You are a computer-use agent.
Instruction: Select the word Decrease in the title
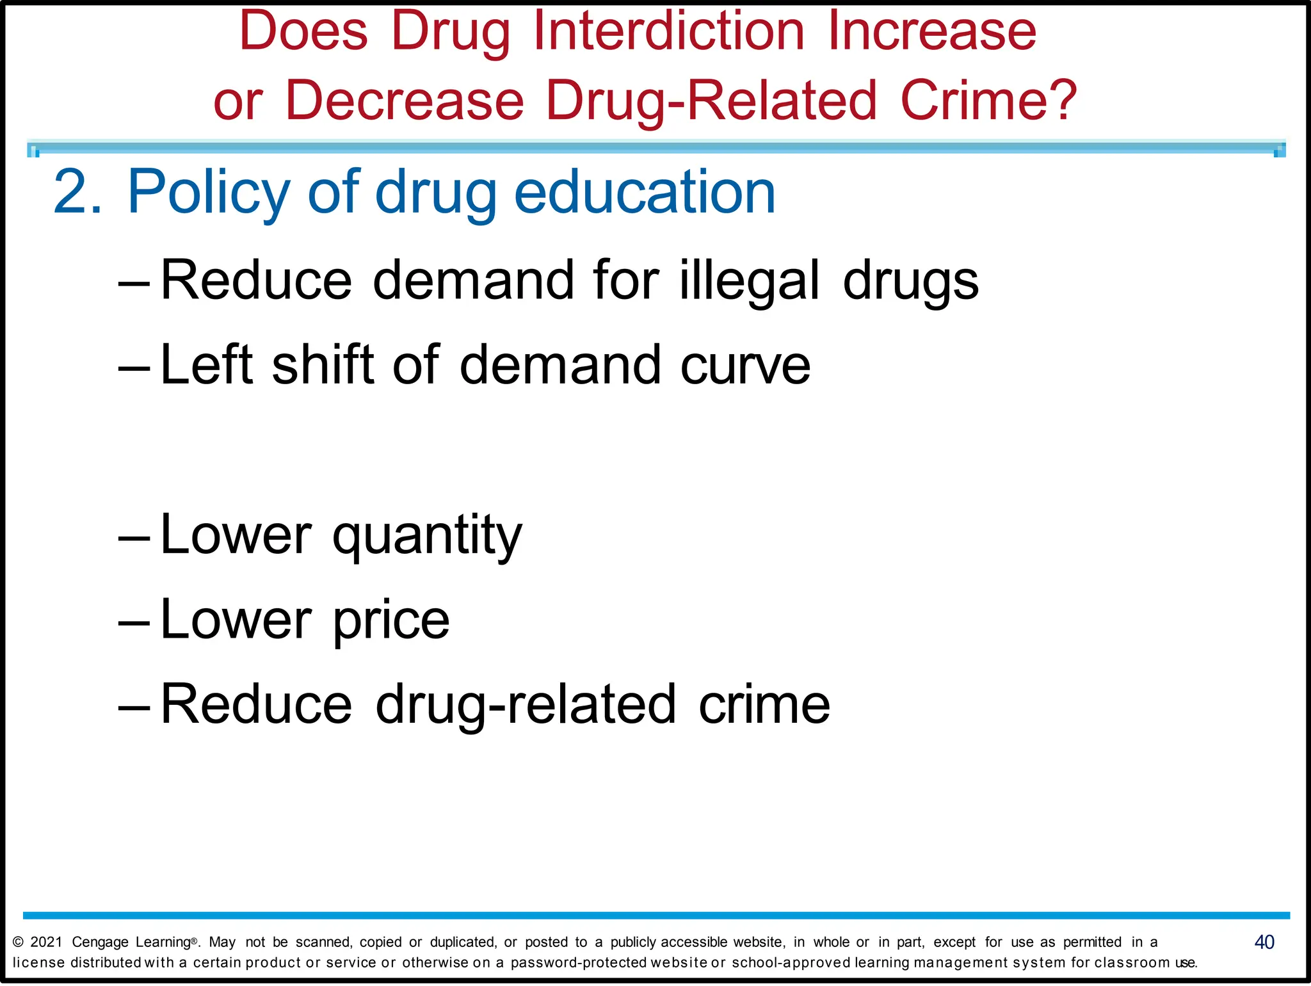point(405,101)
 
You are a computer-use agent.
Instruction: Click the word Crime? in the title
point(989,101)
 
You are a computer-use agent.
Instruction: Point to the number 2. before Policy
point(77,191)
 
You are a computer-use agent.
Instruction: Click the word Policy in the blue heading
point(209,193)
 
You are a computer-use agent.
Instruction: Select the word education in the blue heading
point(645,191)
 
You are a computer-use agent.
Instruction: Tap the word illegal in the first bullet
point(749,280)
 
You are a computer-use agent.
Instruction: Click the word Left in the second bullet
point(207,364)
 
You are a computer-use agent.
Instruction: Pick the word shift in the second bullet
point(323,364)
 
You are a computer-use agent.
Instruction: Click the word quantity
point(428,536)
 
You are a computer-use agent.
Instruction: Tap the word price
point(391,620)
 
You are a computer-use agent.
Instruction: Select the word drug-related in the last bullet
point(526,705)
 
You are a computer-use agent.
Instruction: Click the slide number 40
point(1264,942)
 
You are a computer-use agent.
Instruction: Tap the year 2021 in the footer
point(46,942)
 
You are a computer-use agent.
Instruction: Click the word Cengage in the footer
point(100,942)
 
